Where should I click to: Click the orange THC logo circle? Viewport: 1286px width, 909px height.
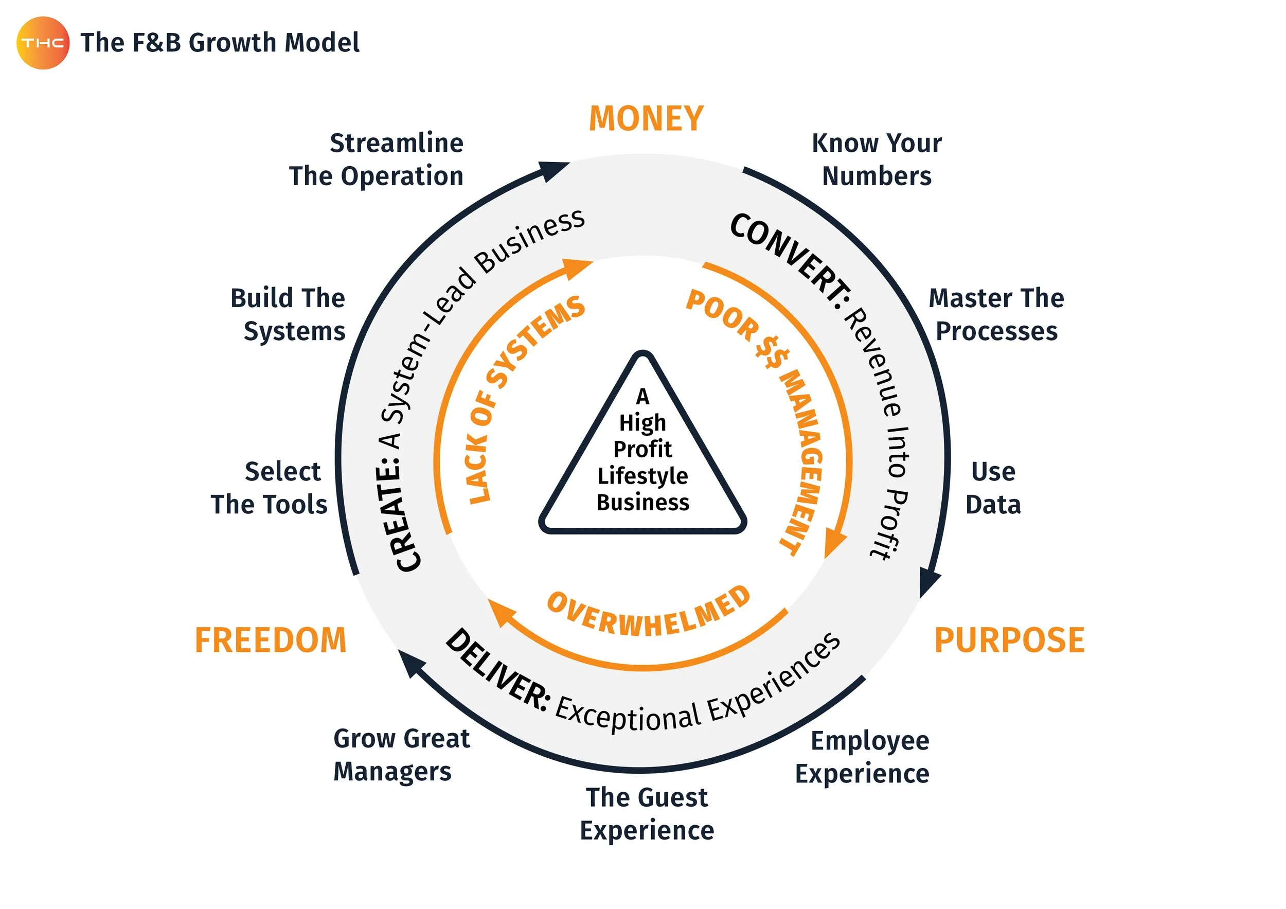43,43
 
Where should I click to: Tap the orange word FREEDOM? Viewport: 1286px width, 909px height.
271,640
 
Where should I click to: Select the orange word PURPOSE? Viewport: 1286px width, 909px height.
1009,640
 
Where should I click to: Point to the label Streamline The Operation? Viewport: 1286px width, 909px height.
377,159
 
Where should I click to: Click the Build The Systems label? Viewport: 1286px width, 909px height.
289,315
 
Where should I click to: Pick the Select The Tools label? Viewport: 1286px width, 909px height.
270,488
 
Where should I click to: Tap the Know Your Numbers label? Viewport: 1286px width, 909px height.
877,159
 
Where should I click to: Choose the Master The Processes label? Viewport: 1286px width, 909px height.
996,315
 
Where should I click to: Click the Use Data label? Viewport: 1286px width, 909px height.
993,488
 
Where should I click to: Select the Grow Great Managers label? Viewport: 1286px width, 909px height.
401,755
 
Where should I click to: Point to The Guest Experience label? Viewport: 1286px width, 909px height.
647,814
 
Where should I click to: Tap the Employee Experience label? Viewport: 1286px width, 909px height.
863,757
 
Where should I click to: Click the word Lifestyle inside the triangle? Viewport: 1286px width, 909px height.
642,476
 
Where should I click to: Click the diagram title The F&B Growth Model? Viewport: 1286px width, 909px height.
220,43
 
